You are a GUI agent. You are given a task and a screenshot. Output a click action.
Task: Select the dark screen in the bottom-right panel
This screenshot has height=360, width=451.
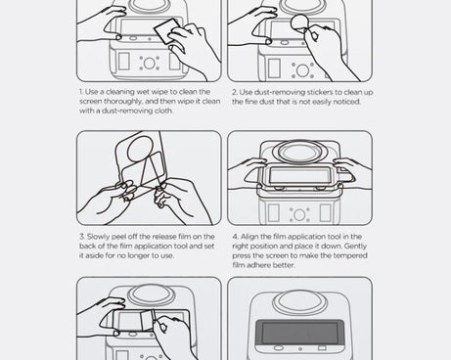coord(299,336)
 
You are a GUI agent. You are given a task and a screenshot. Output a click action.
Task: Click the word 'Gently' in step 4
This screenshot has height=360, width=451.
coord(350,246)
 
